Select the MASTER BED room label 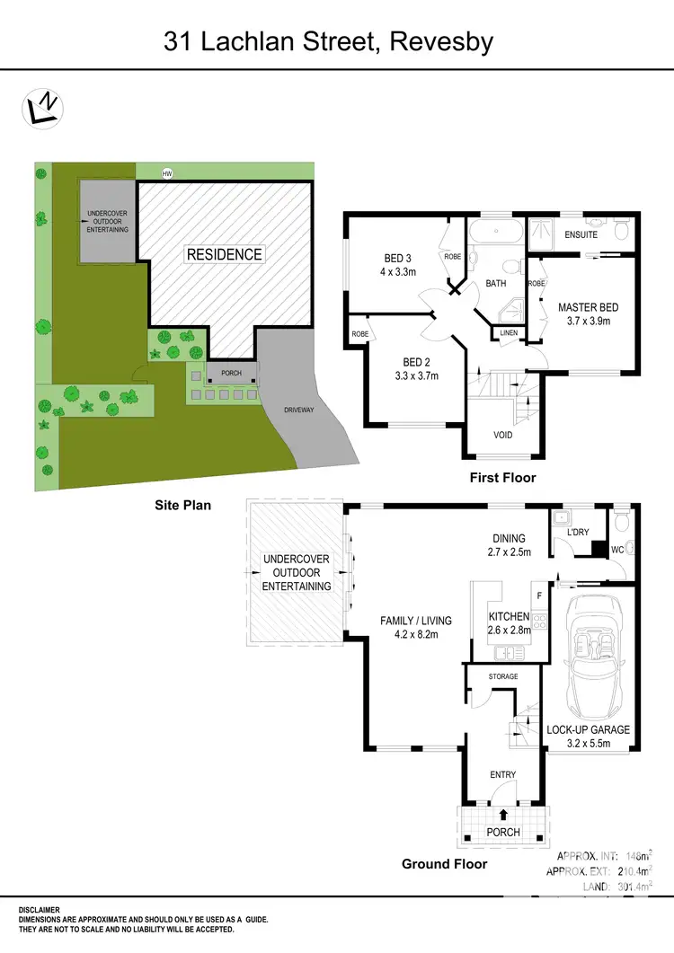point(588,307)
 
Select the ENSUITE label point(581,235)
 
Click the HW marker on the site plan point(165,172)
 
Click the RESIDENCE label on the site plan point(225,254)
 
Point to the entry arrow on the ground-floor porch point(503,815)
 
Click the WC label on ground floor point(617,549)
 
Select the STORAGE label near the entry point(503,676)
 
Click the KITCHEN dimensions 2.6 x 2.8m point(510,630)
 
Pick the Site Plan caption point(182,506)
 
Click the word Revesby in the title point(442,41)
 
